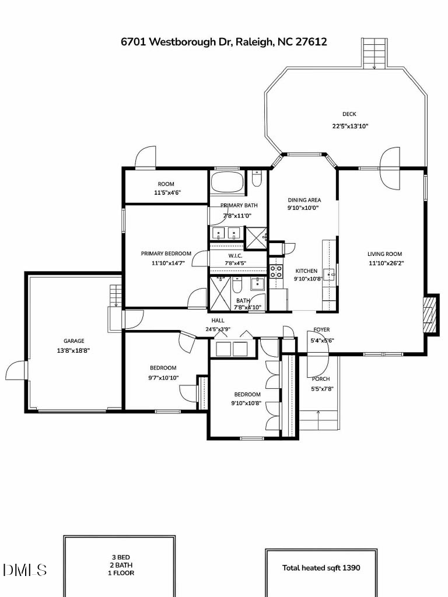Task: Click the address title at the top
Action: click(x=224, y=41)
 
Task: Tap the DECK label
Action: click(x=349, y=114)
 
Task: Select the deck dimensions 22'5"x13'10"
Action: click(x=350, y=126)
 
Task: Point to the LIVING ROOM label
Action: click(x=385, y=254)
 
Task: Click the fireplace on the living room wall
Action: click(x=430, y=314)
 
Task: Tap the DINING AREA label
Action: click(x=304, y=200)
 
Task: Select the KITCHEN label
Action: click(x=306, y=271)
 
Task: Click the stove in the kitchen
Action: click(x=275, y=271)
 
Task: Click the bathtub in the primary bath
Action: click(x=226, y=183)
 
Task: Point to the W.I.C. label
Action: click(x=235, y=255)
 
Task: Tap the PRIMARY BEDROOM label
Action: click(x=166, y=254)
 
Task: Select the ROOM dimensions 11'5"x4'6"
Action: click(x=166, y=192)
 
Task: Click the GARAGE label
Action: click(x=74, y=341)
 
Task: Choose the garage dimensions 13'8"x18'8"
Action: click(x=73, y=350)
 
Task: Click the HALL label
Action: click(x=218, y=320)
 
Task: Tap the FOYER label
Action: click(x=321, y=329)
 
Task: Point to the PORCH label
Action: click(x=320, y=379)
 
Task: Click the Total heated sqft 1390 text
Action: click(x=321, y=567)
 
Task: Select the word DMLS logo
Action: click(x=24, y=569)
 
